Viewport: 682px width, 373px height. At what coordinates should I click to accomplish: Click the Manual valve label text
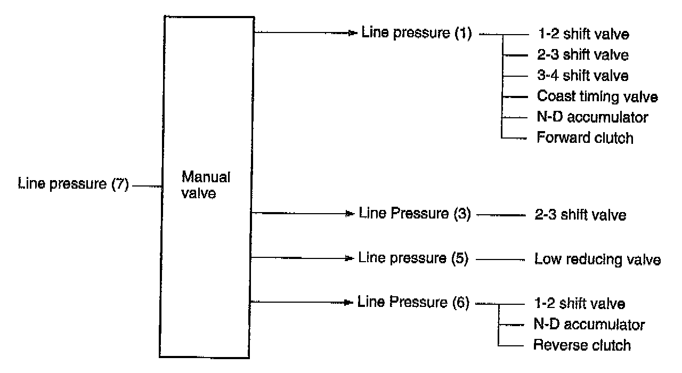coord(199,185)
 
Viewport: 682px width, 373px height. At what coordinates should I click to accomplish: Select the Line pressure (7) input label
coord(73,185)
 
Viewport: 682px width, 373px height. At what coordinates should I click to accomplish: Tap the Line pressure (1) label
coord(417,33)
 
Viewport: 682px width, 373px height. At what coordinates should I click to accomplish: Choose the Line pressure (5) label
coord(413,258)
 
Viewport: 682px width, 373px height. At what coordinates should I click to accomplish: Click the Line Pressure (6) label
coord(413,303)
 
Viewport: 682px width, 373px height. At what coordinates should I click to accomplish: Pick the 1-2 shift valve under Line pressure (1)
coord(583,35)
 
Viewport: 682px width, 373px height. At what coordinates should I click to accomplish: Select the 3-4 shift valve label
coord(583,76)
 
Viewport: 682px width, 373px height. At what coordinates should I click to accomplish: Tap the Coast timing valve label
coord(597,96)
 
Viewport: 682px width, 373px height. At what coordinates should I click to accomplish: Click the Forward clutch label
coord(585,138)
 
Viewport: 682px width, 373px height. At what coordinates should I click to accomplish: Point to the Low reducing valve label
coord(597,260)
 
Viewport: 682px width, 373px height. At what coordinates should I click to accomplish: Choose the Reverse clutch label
coord(582,345)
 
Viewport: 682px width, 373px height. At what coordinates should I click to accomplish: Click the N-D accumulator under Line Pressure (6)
coord(589,324)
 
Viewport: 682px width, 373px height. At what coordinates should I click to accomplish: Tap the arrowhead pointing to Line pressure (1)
coord(352,33)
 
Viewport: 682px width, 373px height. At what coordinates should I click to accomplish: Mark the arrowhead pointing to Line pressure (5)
coord(350,258)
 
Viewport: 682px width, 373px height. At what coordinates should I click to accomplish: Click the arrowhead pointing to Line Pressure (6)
coord(350,303)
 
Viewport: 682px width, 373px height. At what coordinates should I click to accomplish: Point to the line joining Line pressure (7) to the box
coord(147,186)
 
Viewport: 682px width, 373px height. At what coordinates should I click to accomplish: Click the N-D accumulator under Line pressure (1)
coord(592,117)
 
